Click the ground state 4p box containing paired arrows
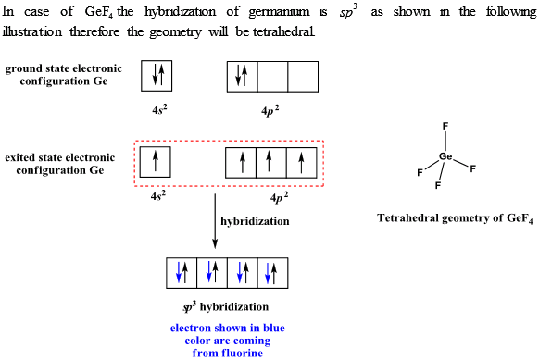click(242, 76)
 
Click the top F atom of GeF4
click(445, 126)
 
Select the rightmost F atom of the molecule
click(473, 168)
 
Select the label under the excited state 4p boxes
click(277, 197)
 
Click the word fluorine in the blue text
click(228, 353)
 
